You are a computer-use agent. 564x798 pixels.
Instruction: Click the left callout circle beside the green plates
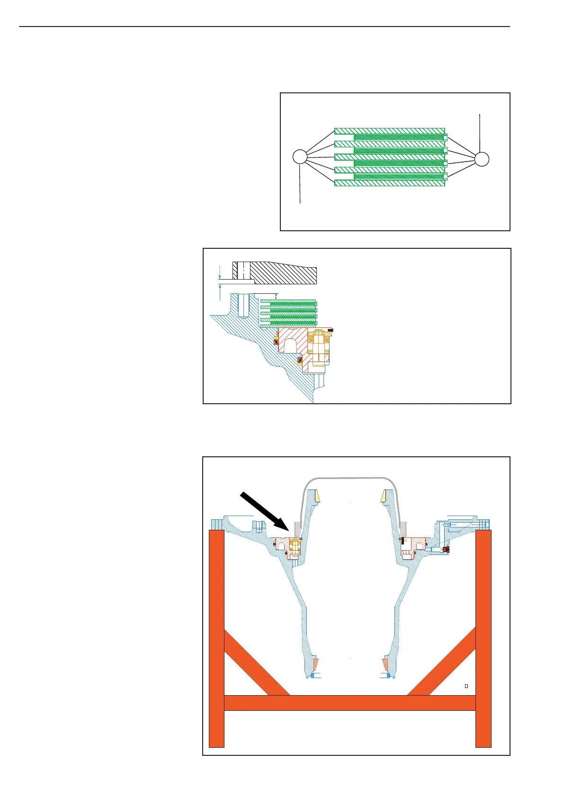pyautogui.click(x=300, y=157)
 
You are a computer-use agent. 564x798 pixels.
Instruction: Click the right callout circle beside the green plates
pyautogui.click(x=482, y=159)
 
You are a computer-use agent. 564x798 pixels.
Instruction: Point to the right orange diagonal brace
pyautogui.click(x=443, y=661)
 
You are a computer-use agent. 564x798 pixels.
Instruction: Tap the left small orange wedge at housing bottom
pyautogui.click(x=315, y=665)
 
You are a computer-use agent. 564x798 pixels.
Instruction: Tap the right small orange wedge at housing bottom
pyautogui.click(x=385, y=665)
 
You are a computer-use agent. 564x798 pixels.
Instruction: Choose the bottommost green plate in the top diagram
pyautogui.click(x=389, y=183)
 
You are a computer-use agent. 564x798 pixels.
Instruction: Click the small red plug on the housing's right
pyautogui.click(x=446, y=549)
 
